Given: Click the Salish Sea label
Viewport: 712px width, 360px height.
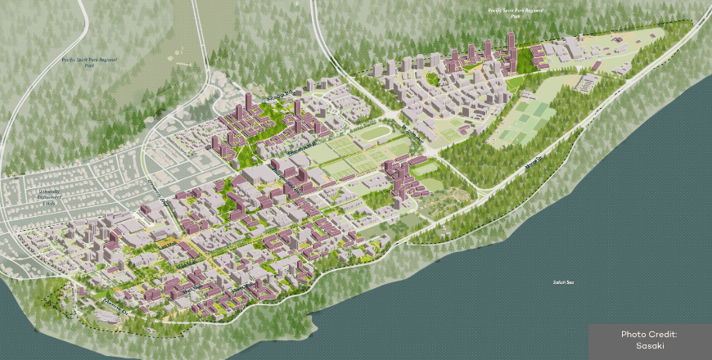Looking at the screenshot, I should coord(564,282).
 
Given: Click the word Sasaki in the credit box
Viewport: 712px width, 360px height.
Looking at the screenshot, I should coord(650,346).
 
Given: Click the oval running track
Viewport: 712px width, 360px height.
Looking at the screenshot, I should coord(376,133).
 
